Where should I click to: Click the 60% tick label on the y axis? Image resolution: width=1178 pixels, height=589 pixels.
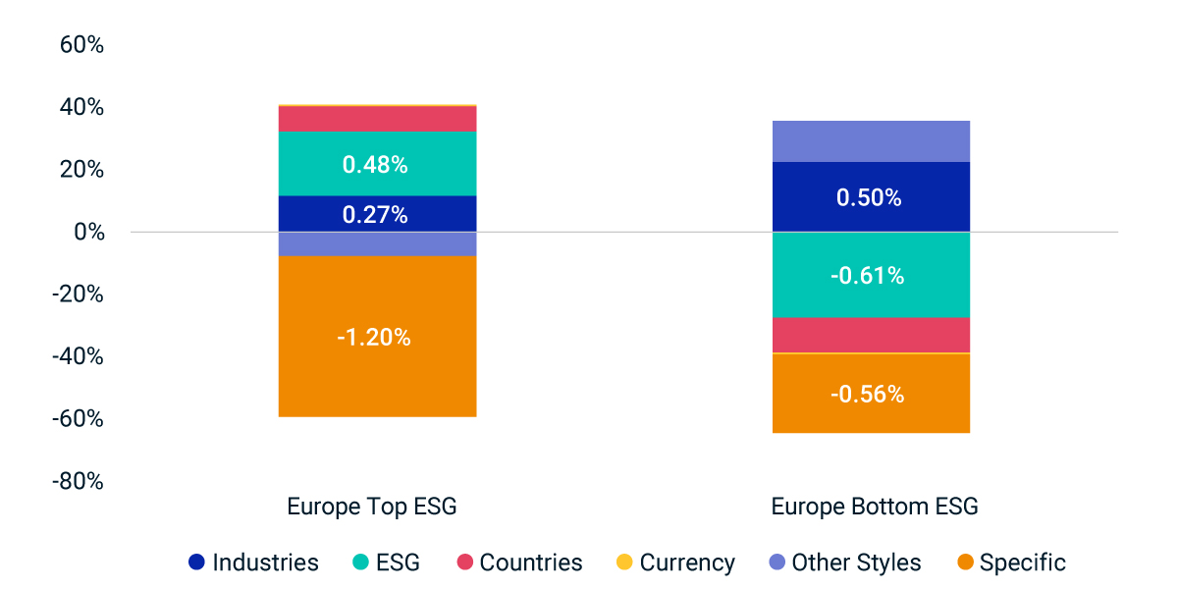80,45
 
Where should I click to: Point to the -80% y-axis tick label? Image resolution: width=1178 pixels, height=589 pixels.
76,481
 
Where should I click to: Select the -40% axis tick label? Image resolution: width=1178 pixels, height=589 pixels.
76,356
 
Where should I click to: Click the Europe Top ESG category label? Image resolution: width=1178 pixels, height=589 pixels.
371,507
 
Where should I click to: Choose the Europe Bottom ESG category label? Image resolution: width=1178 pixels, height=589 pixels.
875,507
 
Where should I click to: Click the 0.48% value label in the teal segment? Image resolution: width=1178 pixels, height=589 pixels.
375,165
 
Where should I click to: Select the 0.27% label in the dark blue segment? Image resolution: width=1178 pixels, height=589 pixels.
375,215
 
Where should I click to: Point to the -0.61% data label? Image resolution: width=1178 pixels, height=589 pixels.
867,276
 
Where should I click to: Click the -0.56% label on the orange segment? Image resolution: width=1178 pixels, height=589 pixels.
867,394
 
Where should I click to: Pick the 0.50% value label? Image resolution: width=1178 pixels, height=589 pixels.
869,197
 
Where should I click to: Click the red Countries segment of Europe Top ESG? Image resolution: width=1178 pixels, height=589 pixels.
378,119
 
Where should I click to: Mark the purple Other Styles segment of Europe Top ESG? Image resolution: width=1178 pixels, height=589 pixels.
378,243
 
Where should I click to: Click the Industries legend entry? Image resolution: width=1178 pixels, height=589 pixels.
253,562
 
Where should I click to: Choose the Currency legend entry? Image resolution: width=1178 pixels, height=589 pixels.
674,562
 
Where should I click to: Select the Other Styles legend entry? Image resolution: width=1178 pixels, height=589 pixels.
843,562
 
